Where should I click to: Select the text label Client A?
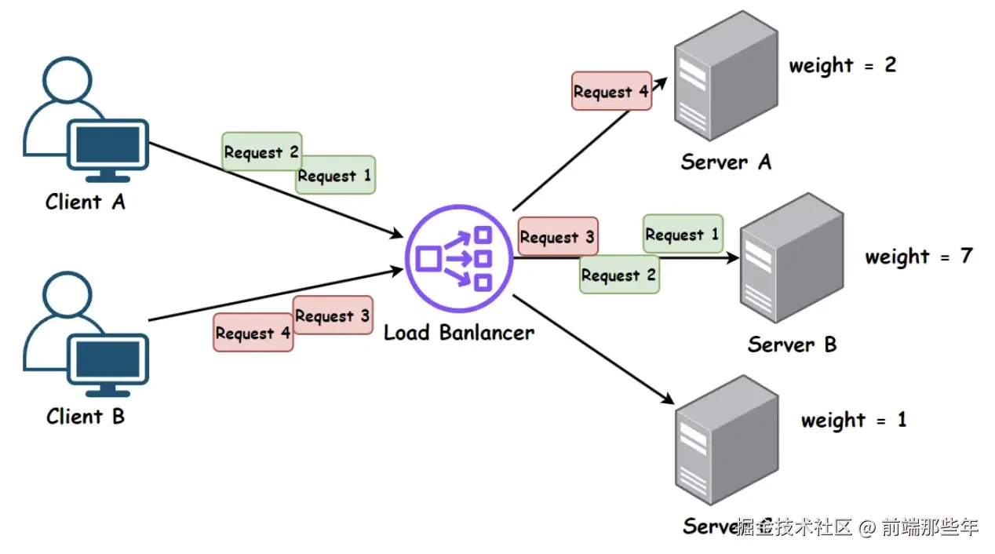click(85, 202)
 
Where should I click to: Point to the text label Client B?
click(85, 416)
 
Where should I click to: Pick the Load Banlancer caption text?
click(458, 333)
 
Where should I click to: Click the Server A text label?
click(726, 162)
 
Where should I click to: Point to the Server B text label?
click(792, 344)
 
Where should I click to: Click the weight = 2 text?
click(842, 65)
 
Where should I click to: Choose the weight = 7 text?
click(918, 257)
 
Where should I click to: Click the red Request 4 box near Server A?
click(611, 92)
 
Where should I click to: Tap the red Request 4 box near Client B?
click(253, 333)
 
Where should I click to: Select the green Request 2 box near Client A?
click(261, 152)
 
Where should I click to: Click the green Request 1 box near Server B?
click(682, 234)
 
